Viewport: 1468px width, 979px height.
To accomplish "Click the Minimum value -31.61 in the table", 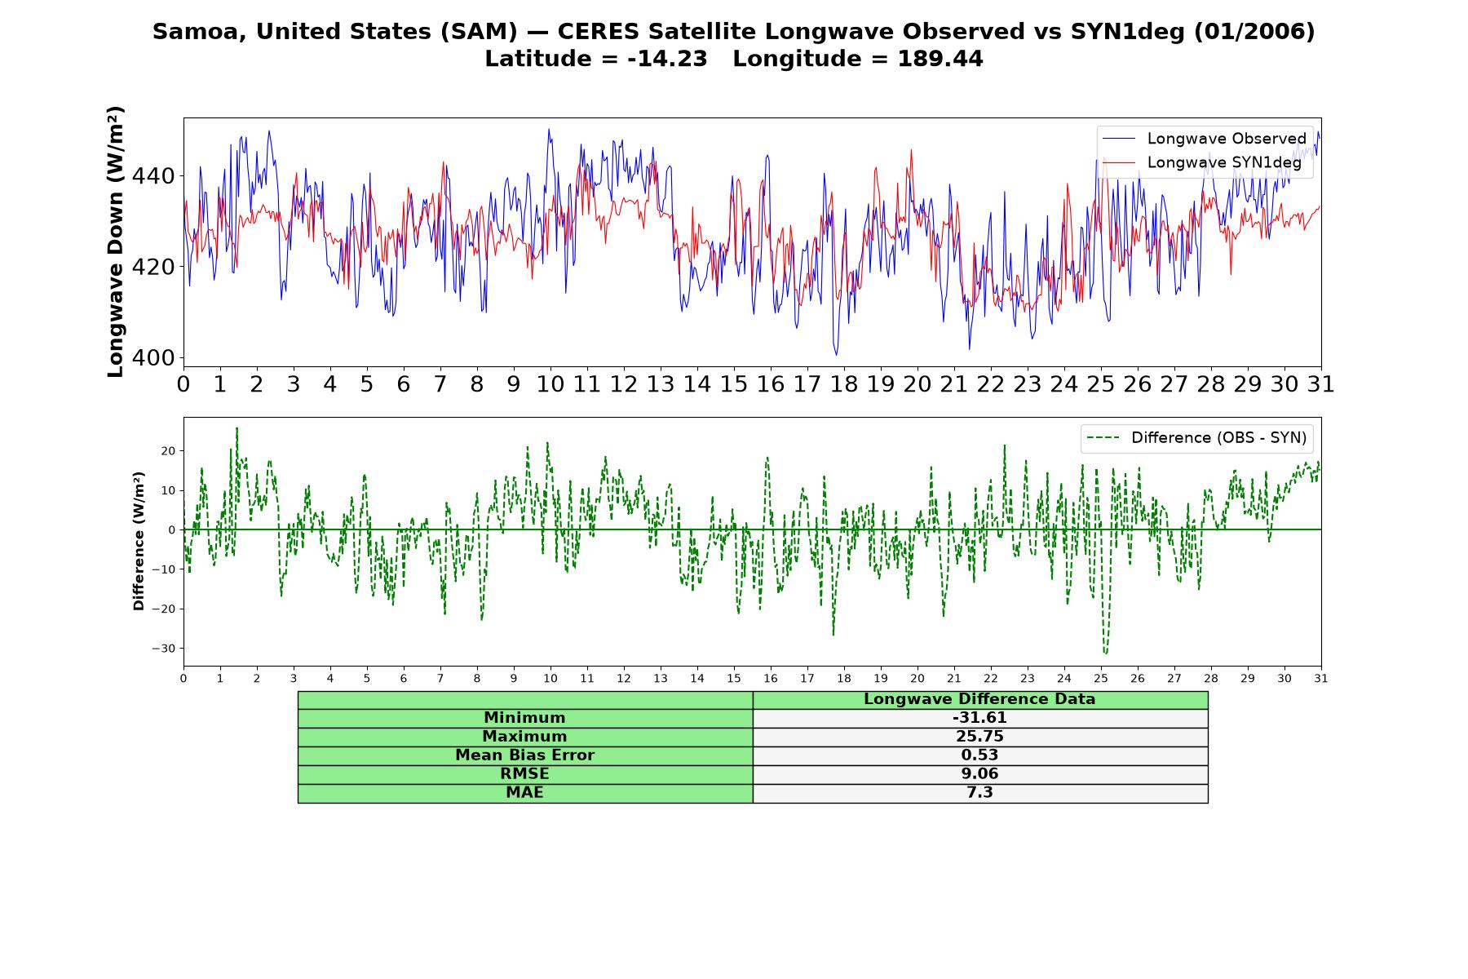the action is click(x=979, y=718).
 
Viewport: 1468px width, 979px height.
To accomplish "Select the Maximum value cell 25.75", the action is click(x=979, y=737).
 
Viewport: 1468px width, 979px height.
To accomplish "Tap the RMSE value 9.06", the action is click(x=979, y=773).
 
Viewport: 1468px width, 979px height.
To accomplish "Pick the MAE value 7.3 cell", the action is click(x=979, y=792).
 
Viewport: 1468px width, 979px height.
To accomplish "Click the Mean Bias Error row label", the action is click(x=524, y=755).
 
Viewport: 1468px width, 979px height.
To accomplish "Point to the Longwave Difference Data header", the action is click(x=979, y=699).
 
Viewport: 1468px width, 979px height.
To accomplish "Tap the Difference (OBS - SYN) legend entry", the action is click(x=1196, y=438).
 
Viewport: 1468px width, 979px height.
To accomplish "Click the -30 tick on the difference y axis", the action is click(x=163, y=649).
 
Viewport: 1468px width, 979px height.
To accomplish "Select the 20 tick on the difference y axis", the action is click(x=167, y=451).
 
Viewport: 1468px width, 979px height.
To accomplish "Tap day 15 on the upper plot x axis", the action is click(x=734, y=384).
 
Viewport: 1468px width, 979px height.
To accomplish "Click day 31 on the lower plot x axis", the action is click(x=1321, y=679).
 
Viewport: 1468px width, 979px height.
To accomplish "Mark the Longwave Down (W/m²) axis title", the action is click(x=115, y=241).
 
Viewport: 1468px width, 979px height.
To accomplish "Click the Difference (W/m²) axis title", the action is click(x=139, y=541).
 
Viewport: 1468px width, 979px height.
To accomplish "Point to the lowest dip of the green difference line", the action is click(x=1105, y=653).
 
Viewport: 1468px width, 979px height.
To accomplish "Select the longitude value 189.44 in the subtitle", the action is click(x=940, y=60).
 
